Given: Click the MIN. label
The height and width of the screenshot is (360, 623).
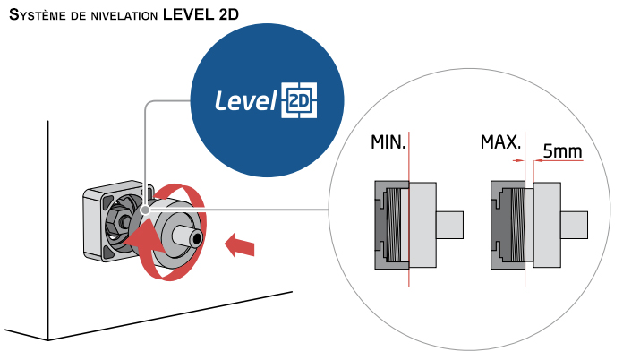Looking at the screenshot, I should [388, 142].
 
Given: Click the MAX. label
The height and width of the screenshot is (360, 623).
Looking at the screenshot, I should [500, 142].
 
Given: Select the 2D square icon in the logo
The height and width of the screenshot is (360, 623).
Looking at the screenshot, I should [300, 101].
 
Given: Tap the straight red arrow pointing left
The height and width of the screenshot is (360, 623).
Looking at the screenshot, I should [239, 243].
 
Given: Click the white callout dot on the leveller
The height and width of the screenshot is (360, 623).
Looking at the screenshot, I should [145, 212].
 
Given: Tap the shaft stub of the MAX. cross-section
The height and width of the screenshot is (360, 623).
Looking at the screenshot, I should [573, 224].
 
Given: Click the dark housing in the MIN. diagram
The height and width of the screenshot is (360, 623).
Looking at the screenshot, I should [381, 224].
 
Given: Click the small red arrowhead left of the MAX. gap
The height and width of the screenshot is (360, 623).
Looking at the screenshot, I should [517, 160].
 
